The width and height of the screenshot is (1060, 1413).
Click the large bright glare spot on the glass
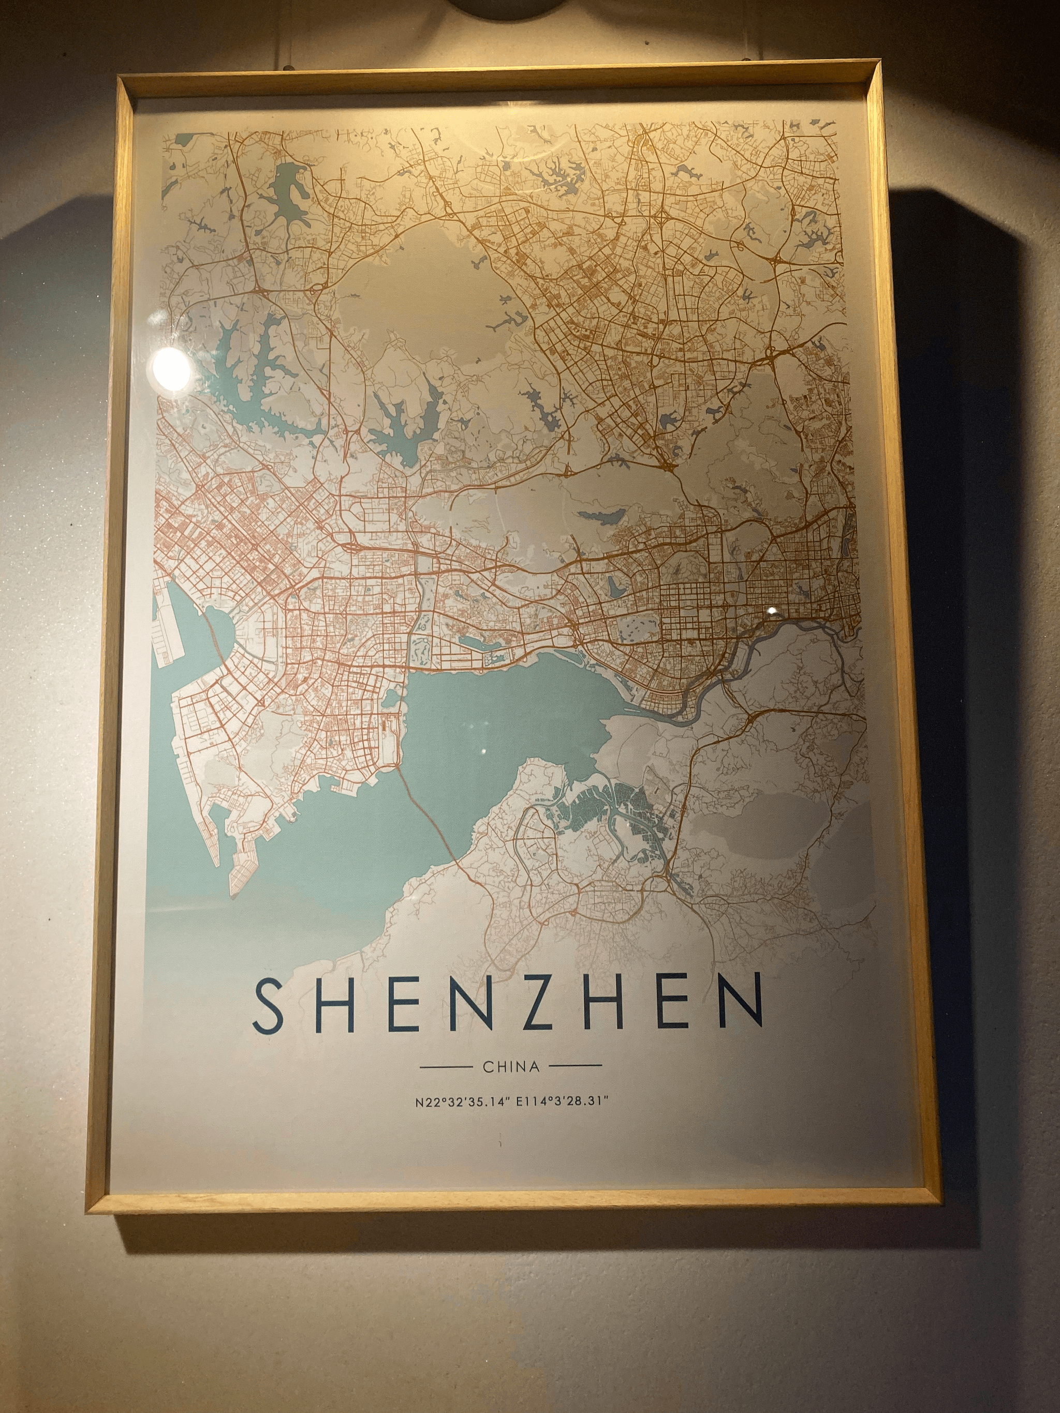coord(171,369)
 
